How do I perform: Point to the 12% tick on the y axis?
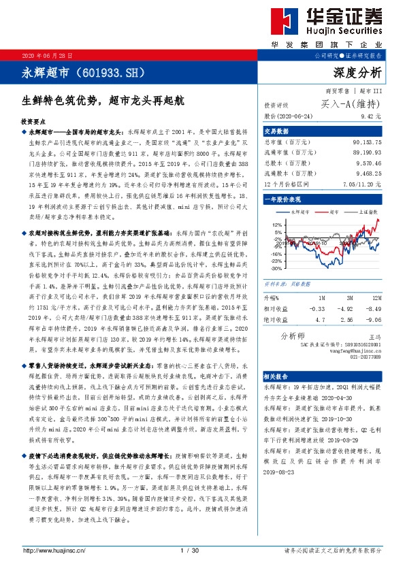(x=276, y=224)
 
